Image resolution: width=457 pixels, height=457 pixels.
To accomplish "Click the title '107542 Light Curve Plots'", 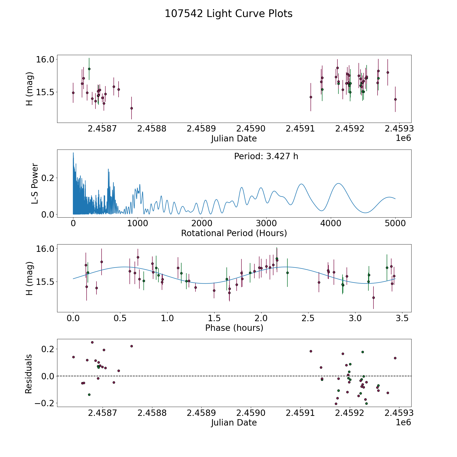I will (x=228, y=14).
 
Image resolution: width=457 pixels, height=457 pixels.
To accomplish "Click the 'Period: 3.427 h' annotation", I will (x=266, y=156).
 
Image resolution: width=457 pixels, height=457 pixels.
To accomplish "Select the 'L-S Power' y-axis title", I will (x=35, y=183).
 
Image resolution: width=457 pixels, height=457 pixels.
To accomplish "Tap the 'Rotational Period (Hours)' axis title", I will (x=234, y=233).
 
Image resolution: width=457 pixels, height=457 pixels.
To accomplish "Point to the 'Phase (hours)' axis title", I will (x=234, y=328).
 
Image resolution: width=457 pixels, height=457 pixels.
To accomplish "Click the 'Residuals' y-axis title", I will (x=29, y=373).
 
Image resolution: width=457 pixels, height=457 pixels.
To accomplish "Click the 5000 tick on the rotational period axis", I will (x=395, y=223).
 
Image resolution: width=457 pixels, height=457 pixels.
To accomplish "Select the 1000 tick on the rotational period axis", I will (x=137, y=223).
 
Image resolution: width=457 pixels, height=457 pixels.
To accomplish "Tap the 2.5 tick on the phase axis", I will (x=308, y=318).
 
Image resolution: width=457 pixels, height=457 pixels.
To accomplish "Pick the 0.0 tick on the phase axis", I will (x=73, y=318).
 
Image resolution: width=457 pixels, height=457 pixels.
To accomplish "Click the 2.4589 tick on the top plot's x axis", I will (x=201, y=129).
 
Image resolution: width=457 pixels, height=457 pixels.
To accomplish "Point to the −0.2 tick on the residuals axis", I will (x=46, y=403).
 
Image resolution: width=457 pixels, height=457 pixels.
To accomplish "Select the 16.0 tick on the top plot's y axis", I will (x=45, y=59).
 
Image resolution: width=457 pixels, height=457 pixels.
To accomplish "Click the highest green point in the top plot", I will (x=89, y=69).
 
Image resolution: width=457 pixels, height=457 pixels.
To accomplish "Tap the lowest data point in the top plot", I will (x=132, y=108).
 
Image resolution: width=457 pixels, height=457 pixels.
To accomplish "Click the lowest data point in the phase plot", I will (x=373, y=298).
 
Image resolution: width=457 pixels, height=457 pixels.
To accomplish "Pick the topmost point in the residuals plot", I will (x=92, y=342).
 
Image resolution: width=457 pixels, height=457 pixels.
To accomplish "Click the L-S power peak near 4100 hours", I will (x=338, y=183).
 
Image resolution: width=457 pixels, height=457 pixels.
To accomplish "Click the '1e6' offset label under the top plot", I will (x=403, y=138).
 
